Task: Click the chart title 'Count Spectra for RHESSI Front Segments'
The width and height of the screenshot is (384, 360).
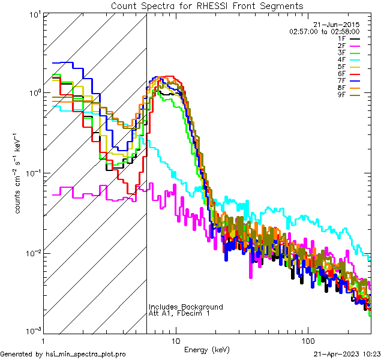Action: click(x=207, y=6)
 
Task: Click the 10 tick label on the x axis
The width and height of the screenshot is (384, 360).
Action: click(x=175, y=340)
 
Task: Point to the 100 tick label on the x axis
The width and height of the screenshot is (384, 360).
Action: click(x=307, y=340)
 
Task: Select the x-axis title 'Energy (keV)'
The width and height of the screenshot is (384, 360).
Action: click(x=207, y=349)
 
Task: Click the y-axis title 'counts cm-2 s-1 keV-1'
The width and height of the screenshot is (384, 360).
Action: click(x=19, y=173)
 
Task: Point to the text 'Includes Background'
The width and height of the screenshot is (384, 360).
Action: click(x=185, y=307)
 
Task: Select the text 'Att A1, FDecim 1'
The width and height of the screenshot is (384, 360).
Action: click(x=179, y=314)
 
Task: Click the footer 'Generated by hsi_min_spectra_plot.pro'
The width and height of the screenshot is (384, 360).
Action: click(x=63, y=355)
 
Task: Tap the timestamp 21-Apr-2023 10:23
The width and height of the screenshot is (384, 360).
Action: click(x=347, y=355)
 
